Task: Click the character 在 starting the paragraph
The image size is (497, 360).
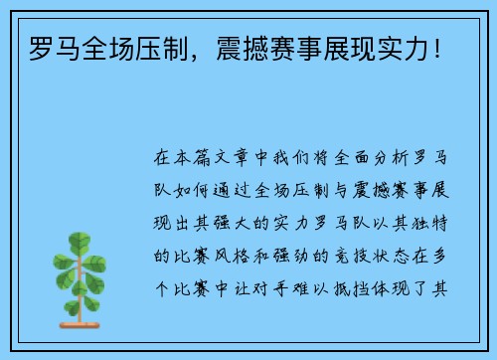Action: [163, 157]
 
